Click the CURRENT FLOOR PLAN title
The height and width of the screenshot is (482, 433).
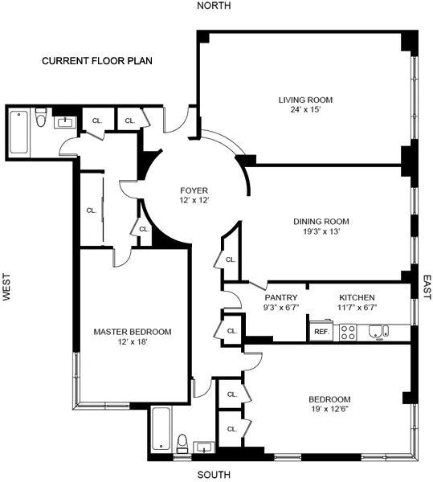97,61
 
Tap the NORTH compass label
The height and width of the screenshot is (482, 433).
214,6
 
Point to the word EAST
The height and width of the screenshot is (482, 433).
427,287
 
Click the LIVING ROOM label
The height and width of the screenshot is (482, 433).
305,100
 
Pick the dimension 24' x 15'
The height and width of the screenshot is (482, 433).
305,110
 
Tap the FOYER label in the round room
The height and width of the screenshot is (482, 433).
194,190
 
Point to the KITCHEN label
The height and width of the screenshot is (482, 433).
357,297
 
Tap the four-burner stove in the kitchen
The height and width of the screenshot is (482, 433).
348,332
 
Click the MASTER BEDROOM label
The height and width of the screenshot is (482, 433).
132,332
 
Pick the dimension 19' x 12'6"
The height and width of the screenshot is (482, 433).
329,410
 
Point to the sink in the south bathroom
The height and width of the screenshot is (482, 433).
203,446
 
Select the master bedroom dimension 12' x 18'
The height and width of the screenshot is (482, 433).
132,342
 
